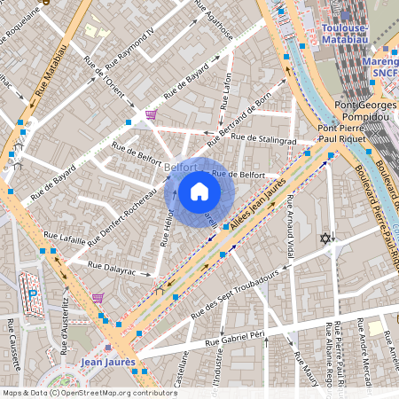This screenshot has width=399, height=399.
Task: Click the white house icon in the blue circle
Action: click(x=199, y=191)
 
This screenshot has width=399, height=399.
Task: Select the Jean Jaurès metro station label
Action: click(x=107, y=362)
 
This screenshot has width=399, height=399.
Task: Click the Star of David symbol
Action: click(x=325, y=239)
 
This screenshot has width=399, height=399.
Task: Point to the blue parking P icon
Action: click(x=34, y=293)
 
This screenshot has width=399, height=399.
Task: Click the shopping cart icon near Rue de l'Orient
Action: click(x=151, y=114)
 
